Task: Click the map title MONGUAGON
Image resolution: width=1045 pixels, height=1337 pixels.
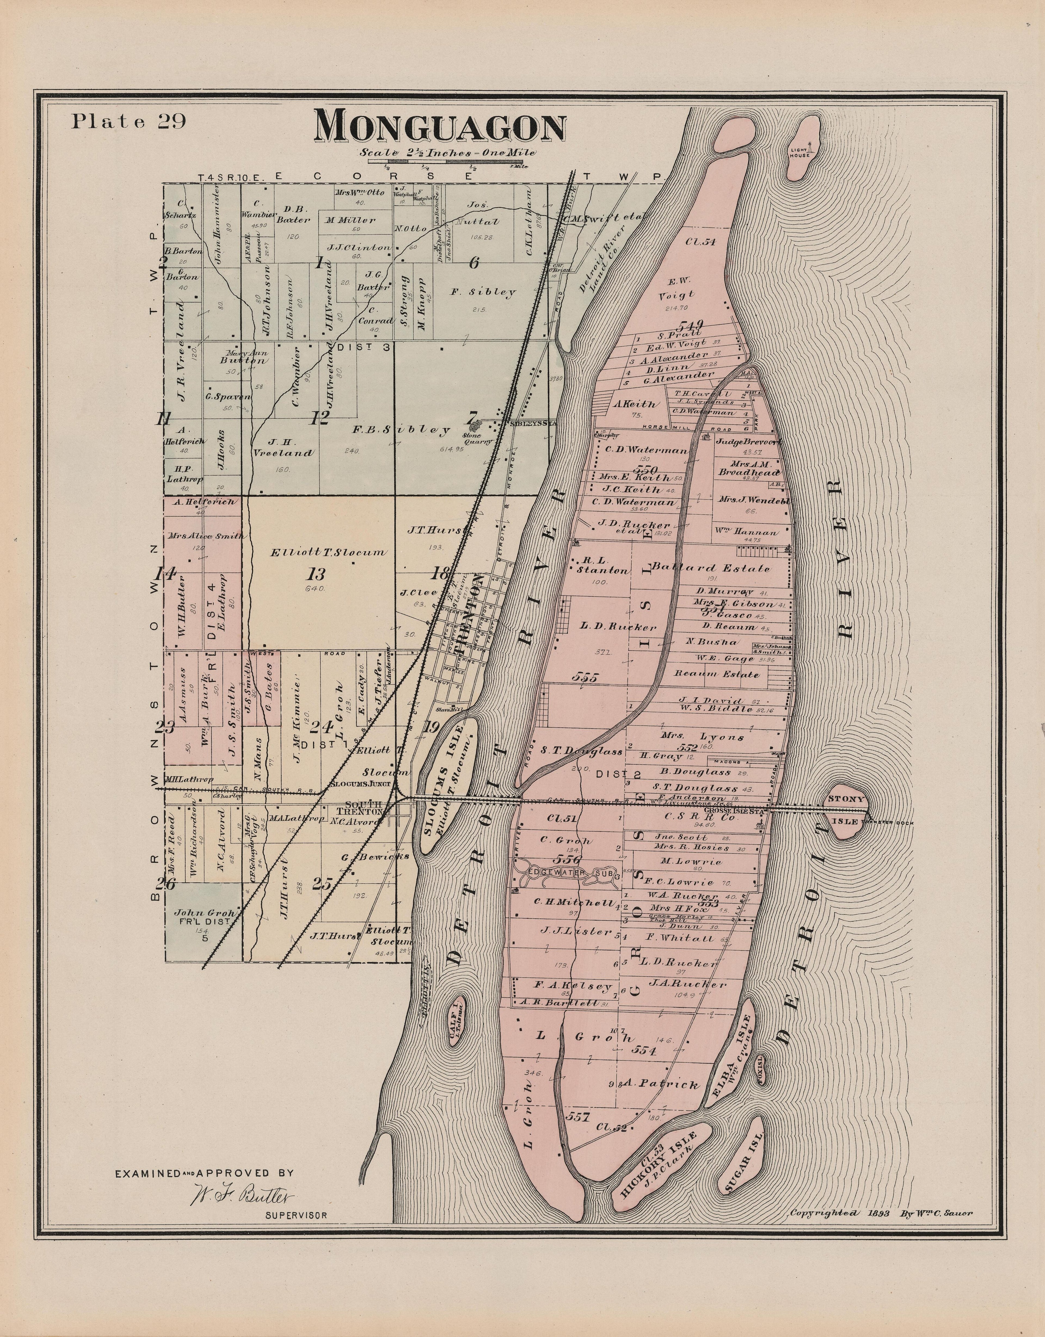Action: (440, 128)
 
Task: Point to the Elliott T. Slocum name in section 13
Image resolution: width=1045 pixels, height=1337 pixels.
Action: (328, 552)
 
